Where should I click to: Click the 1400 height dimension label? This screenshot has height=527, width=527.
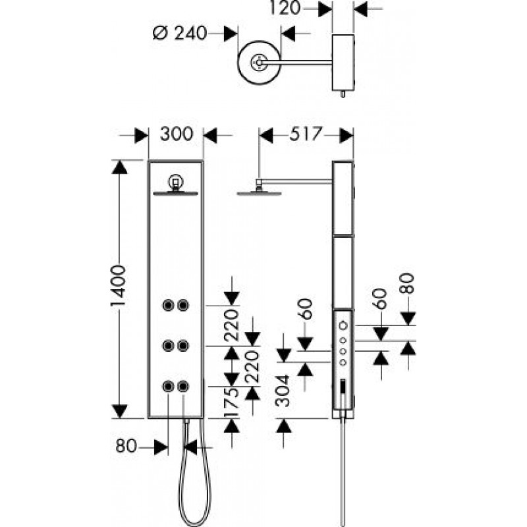pos(119,286)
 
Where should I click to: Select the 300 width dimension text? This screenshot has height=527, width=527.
pos(177,134)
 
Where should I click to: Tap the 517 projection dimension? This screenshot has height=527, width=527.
pos(306,134)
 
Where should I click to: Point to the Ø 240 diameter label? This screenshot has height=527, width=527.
pos(180,34)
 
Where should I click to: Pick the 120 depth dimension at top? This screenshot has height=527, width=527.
pos(285,8)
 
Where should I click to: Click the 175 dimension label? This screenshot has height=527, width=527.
pos(232,402)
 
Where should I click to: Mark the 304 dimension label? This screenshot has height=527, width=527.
pos(283,391)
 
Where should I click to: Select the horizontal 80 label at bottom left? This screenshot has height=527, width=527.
pos(126,446)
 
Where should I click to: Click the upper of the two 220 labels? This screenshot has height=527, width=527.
pos(232,325)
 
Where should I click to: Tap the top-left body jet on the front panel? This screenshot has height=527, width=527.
pos(168,305)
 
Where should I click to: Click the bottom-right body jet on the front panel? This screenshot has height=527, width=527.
pos(183,386)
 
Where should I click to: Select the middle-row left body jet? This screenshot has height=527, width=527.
pos(168,345)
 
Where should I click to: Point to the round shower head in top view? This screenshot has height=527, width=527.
pos(259,63)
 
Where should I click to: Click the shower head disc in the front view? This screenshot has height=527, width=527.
pos(175,193)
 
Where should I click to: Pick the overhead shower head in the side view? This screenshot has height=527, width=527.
pos(259,193)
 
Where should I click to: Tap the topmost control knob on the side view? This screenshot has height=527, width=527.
pos(343,325)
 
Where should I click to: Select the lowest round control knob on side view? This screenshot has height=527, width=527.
pos(343,362)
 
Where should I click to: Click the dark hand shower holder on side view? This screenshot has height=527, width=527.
pos(343,386)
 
